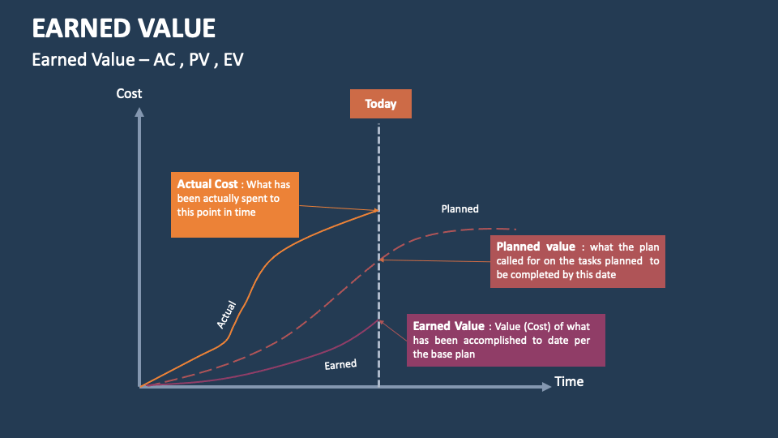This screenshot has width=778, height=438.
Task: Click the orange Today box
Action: coord(380,104)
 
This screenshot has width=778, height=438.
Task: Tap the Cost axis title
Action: coord(129,93)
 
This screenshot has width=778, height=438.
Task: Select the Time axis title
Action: coord(569,381)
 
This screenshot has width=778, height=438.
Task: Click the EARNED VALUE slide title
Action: coord(123,28)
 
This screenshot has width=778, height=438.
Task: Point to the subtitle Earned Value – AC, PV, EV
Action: coord(137,60)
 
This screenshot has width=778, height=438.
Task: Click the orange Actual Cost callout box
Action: coord(234,204)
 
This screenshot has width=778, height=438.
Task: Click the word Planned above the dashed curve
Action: coord(460,209)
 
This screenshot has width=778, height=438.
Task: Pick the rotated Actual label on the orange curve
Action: coord(226,315)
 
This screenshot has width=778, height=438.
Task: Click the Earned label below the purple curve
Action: coord(340,365)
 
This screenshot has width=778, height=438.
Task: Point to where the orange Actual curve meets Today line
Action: coord(378,211)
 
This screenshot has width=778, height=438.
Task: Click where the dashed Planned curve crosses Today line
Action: coord(378,260)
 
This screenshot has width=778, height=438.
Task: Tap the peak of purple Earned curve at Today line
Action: coord(378,320)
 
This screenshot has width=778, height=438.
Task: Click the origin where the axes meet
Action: coord(140,387)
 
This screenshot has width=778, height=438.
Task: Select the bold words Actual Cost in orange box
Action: coord(207,184)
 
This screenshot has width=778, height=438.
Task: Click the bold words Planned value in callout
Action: coord(536,247)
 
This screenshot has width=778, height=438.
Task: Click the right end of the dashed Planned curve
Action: coord(515,230)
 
